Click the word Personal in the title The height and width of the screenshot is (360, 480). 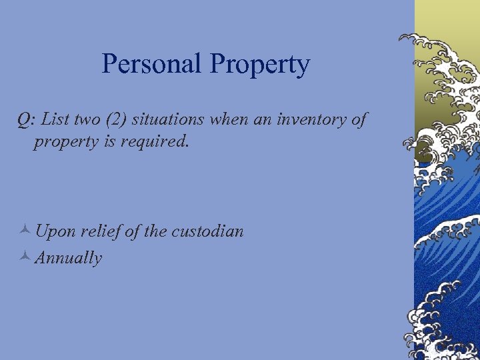[x=152, y=64]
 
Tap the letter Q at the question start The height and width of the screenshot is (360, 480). [x=24, y=120]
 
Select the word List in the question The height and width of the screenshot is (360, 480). [x=55, y=119]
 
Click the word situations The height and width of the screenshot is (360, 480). [x=169, y=120]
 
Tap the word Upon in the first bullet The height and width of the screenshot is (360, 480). [x=55, y=232]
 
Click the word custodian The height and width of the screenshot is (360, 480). [x=207, y=231]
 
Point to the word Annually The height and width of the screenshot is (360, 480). [x=68, y=258]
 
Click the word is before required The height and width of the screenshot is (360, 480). [x=108, y=142]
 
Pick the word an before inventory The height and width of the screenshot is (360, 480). [x=261, y=120]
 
